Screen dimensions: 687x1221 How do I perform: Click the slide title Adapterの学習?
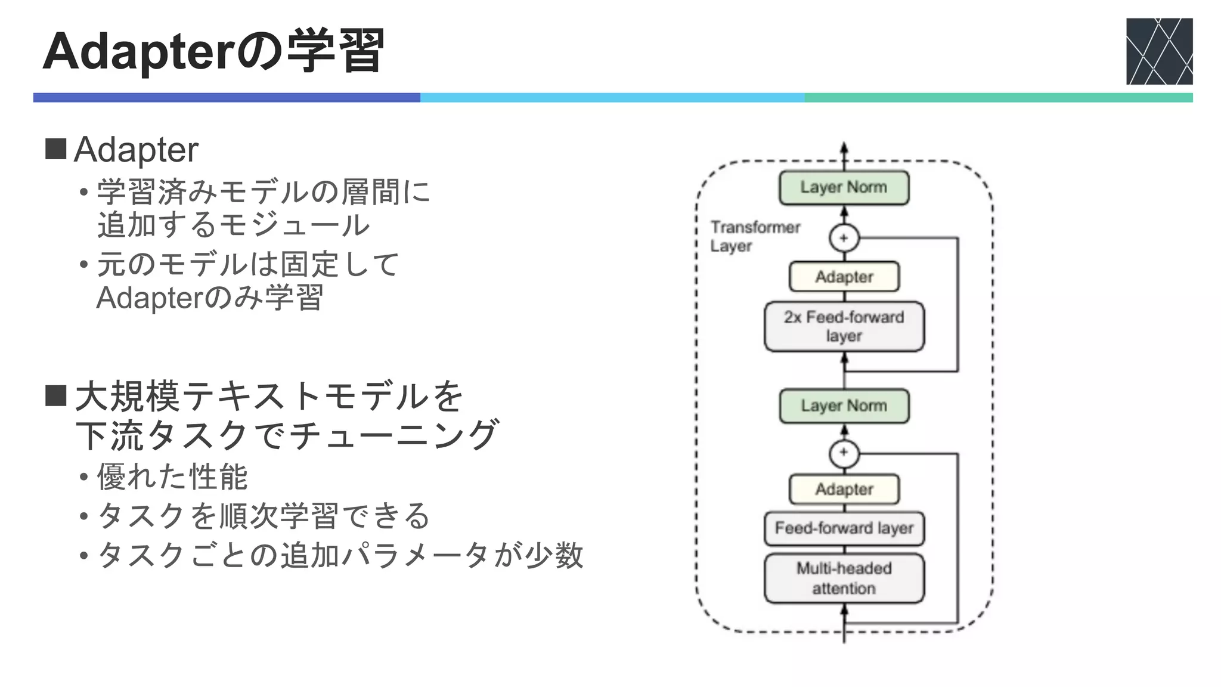tap(213, 52)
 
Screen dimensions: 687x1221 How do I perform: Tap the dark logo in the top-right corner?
tap(1159, 51)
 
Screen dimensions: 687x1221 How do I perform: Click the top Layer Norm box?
tap(844, 187)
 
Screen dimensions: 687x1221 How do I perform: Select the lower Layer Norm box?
tap(844, 406)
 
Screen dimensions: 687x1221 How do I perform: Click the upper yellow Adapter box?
tap(844, 277)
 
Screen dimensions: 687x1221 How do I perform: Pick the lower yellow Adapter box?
tap(844, 489)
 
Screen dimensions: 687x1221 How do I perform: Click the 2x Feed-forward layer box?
tap(844, 326)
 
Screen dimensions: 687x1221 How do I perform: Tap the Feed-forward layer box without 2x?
tap(844, 528)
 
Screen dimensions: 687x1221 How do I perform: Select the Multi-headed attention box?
tap(844, 578)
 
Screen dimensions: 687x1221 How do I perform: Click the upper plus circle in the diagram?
tap(844, 239)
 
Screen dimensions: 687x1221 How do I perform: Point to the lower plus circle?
tap(844, 453)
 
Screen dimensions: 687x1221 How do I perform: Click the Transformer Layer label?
tap(754, 236)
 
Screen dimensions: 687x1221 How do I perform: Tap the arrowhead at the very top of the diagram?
tap(844, 147)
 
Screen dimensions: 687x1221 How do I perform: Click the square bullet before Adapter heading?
tap(55, 149)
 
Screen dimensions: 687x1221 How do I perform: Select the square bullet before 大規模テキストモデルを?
tap(55, 395)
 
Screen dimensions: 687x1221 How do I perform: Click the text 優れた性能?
tap(172, 476)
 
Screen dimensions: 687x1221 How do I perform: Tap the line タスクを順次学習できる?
tap(262, 516)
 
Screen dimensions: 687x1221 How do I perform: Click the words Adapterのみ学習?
tap(209, 297)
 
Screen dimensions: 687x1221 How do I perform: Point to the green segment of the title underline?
tap(998, 98)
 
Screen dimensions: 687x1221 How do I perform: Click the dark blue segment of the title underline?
tap(227, 98)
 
